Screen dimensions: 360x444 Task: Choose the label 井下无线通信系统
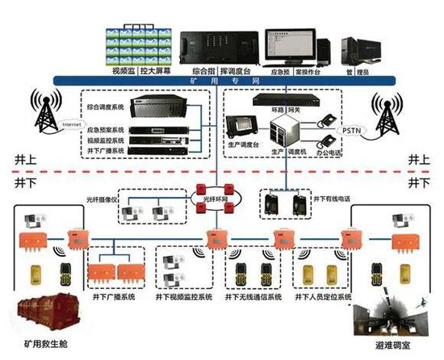coord(251,298)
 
